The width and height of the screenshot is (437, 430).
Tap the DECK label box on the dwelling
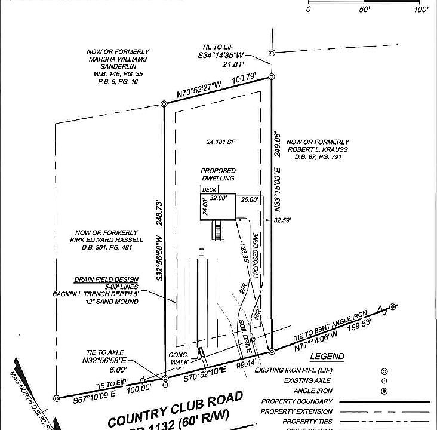[209, 189]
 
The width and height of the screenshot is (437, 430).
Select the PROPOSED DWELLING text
[217, 174]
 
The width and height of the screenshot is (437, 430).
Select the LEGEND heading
[327, 357]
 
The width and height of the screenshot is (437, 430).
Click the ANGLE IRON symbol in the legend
[384, 391]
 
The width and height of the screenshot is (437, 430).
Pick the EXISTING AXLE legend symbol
[384, 380]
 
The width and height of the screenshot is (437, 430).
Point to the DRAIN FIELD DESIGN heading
[106, 279]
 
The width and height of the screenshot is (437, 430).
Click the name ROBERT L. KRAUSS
[318, 149]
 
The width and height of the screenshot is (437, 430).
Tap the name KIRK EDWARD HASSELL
[106, 240]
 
